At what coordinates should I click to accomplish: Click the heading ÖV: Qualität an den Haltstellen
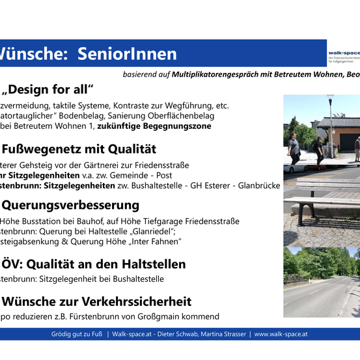[x=94, y=264]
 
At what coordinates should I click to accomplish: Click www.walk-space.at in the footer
[x=281, y=334]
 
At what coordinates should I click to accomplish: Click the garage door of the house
[x=349, y=143]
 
